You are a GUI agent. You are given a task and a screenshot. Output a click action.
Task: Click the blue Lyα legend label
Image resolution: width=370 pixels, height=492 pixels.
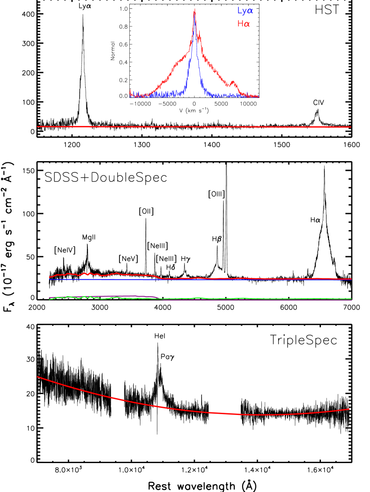(245, 11)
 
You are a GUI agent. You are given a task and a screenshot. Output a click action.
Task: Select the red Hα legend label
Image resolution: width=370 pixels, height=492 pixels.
(243, 24)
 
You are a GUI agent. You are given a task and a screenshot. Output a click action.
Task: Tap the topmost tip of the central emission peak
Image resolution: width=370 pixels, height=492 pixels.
(194, 9)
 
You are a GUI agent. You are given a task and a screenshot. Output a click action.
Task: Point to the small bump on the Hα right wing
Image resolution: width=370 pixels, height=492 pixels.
(234, 82)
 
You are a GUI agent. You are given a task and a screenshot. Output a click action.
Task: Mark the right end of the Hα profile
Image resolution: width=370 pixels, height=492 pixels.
(259, 96)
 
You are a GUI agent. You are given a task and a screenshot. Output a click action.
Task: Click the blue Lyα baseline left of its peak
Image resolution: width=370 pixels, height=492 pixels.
(165, 94)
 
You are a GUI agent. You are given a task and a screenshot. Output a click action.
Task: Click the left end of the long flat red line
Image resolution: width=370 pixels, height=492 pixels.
(37, 127)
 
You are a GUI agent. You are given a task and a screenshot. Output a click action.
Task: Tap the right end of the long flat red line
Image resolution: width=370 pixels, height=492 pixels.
(351, 127)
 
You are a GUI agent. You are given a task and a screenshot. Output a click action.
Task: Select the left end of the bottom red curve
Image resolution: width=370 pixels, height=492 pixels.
(37, 377)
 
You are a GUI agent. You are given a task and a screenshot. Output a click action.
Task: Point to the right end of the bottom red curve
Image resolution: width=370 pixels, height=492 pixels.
(349, 409)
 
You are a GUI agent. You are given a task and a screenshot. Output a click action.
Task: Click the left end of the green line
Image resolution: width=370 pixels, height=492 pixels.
(49, 299)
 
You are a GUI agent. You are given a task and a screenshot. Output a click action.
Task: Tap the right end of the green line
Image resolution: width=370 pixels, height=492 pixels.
(351, 298)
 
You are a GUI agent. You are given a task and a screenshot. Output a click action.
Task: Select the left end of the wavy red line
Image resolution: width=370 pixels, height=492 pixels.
(49, 277)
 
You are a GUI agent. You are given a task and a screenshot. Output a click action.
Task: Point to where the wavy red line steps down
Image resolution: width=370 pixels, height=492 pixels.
(158, 277)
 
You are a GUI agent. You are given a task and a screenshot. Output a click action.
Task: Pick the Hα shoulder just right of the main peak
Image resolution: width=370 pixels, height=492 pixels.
(199, 36)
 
